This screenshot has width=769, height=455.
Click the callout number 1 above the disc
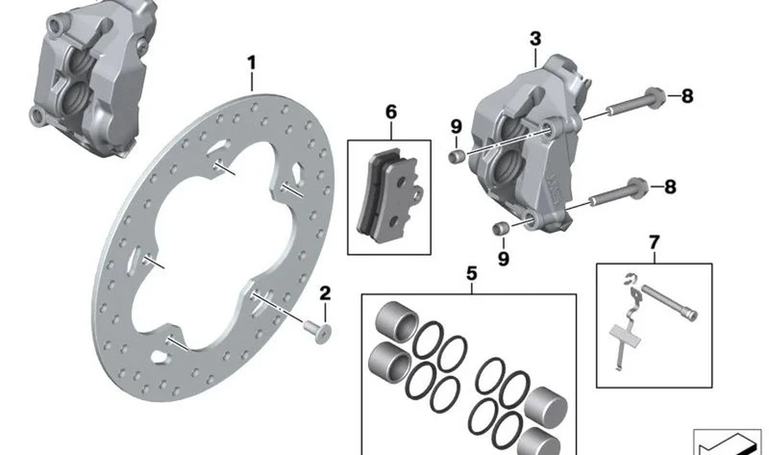tap(252, 63)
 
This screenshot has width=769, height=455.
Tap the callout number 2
tap(325, 293)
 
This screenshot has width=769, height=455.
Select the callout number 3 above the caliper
tap(535, 38)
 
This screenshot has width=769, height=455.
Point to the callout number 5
tap(471, 274)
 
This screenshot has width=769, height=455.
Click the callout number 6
tap(391, 112)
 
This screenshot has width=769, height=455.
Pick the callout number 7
tap(655, 242)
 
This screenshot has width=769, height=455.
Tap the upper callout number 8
tap(687, 96)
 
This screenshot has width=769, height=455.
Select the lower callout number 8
tap(670, 187)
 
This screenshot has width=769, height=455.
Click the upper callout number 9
tap(456, 127)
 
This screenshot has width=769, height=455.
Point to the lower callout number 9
tap(503, 259)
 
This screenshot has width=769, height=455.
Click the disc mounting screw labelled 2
tap(318, 331)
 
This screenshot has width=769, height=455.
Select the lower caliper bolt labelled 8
tap(618, 192)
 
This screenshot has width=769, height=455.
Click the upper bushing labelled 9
tap(458, 157)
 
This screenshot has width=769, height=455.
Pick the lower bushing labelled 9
tap(500, 229)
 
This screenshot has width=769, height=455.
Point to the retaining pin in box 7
tap(669, 302)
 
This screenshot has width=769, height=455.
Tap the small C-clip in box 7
tap(630, 281)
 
